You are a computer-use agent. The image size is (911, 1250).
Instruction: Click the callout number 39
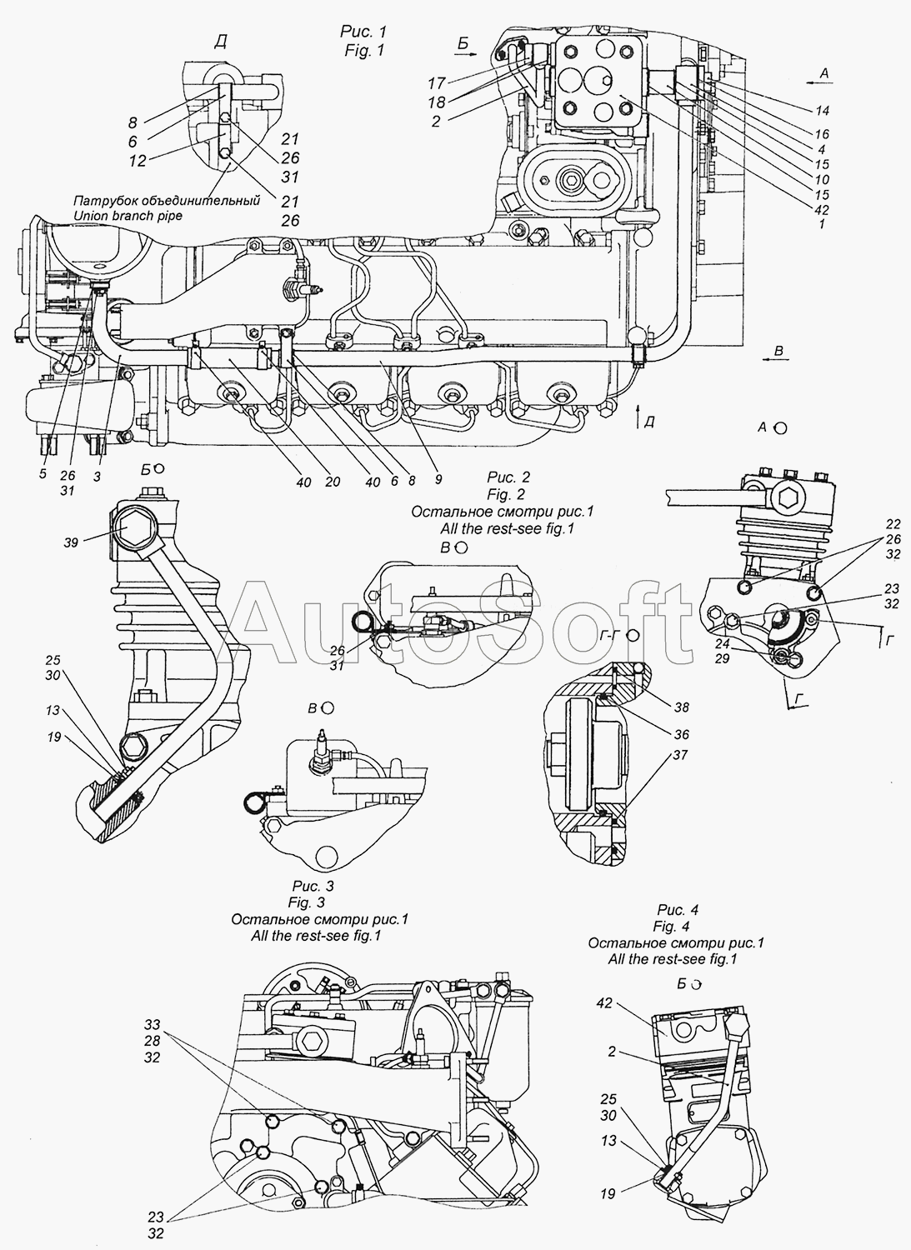70,542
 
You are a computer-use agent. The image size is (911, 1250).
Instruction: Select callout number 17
437,83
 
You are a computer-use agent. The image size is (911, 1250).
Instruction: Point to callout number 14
823,111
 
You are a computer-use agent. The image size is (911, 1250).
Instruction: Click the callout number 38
682,707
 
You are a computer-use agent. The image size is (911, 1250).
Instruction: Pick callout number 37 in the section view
680,754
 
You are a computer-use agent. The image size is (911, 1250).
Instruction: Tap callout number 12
138,161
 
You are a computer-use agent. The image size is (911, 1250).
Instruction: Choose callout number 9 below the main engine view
438,479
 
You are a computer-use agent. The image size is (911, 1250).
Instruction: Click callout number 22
893,523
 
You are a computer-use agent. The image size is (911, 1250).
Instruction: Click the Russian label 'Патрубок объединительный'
167,200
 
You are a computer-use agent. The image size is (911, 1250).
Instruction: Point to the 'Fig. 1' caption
364,50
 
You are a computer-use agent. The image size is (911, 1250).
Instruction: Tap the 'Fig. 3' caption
307,902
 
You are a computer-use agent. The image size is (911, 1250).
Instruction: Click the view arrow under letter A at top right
819,82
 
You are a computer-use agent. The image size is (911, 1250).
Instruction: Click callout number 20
333,481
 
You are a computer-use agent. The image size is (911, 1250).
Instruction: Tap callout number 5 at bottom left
43,474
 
